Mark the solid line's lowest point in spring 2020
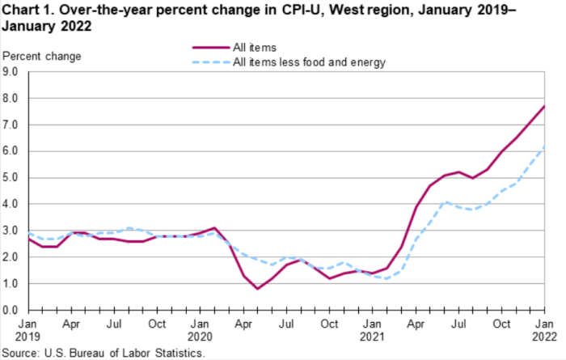pos(258,289)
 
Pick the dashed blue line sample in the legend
pos(207,62)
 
